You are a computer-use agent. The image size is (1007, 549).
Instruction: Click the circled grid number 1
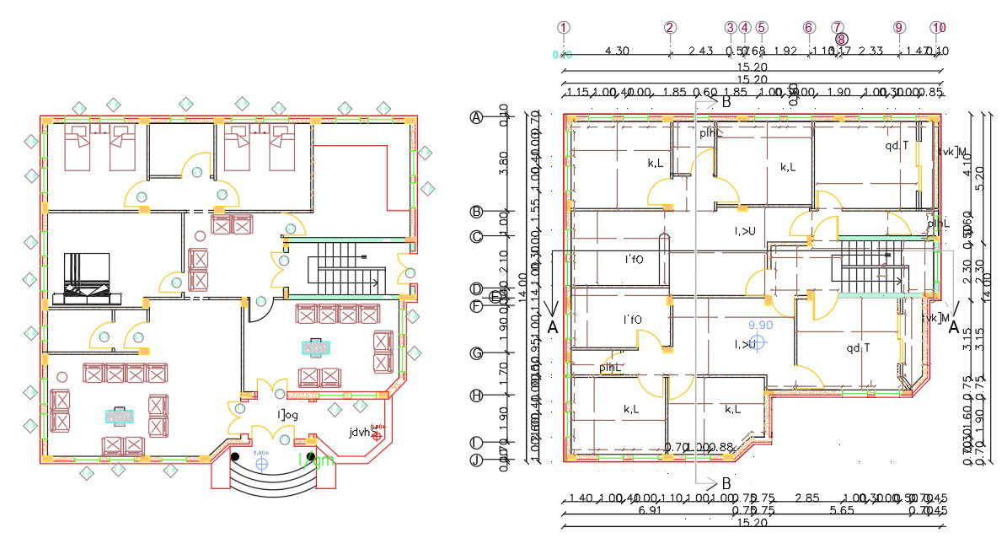[x=564, y=27]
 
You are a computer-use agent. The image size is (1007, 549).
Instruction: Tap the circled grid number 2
[x=670, y=27]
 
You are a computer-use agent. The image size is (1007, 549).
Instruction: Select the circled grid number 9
[x=898, y=27]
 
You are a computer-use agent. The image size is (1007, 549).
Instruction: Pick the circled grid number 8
[x=841, y=39]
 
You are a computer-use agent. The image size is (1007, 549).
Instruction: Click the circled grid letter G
[x=476, y=353]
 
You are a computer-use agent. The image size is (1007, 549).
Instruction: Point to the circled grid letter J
[x=476, y=460]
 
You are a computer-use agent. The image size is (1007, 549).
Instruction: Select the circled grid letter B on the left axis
[x=476, y=212]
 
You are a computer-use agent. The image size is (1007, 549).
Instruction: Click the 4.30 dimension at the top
[x=617, y=51]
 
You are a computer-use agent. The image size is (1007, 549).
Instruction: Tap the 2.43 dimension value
[x=701, y=51]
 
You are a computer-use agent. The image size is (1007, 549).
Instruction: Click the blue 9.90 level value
[x=760, y=325]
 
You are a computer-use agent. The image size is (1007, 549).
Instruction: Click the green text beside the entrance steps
[x=317, y=460]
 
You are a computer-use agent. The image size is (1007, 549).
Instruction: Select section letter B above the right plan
[x=726, y=101]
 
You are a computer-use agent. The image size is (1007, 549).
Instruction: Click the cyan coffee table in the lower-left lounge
[x=118, y=415]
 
